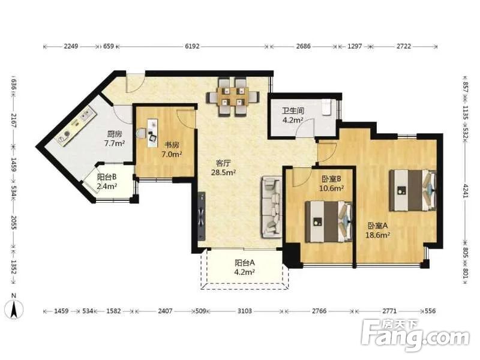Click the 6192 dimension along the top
[192, 46]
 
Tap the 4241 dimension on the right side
[465, 190]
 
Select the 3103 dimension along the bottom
[245, 311]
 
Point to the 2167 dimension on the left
[13, 121]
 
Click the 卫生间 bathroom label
[293, 110]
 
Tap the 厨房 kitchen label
[115, 134]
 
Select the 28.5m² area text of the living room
[223, 172]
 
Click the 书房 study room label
[172, 145]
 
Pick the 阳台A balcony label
[245, 263]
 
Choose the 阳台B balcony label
[107, 177]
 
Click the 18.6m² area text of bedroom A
[377, 235]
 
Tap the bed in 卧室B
[328, 221]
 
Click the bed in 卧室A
[413, 190]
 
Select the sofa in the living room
[272, 207]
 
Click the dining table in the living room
[233, 97]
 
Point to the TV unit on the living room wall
[201, 217]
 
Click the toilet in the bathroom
[326, 107]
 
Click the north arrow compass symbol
[13, 308]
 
